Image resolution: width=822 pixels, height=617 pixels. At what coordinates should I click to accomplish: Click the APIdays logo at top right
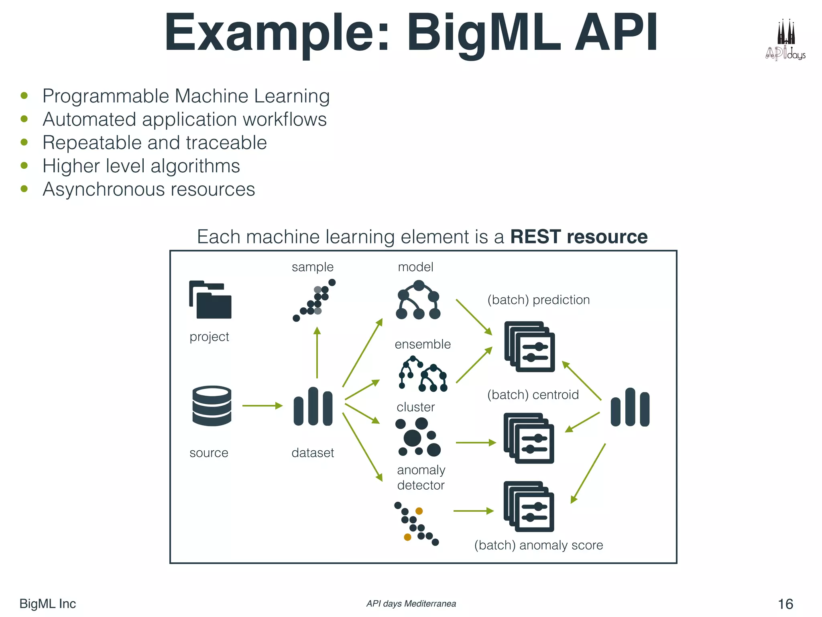point(785,41)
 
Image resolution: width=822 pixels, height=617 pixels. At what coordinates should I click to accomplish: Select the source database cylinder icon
point(212,406)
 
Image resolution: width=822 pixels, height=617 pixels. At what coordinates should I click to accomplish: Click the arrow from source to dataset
point(262,406)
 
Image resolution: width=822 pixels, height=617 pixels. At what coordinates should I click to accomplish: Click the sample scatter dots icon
point(314,300)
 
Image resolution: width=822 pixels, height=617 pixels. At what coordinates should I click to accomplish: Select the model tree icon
point(418,300)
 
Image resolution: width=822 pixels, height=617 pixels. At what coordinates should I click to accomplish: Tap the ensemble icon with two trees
point(423,374)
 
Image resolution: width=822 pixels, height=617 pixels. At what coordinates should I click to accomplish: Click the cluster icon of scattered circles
point(418,437)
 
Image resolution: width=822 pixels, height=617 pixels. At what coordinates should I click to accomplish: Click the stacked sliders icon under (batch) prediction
point(529,347)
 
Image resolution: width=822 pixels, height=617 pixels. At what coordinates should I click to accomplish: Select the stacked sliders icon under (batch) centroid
point(529,438)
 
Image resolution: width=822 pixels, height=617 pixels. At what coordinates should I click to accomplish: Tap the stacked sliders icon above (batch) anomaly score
point(529,507)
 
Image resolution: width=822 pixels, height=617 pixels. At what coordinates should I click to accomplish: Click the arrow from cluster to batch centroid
point(476,443)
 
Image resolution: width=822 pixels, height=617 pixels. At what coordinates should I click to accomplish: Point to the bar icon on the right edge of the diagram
point(630,407)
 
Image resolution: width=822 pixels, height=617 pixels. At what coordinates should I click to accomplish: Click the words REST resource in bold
point(578,237)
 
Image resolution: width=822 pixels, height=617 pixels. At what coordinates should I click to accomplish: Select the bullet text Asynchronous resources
point(149,189)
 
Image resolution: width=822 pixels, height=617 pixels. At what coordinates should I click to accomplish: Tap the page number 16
point(785,604)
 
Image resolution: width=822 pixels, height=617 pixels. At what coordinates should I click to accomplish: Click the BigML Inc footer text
point(47,604)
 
